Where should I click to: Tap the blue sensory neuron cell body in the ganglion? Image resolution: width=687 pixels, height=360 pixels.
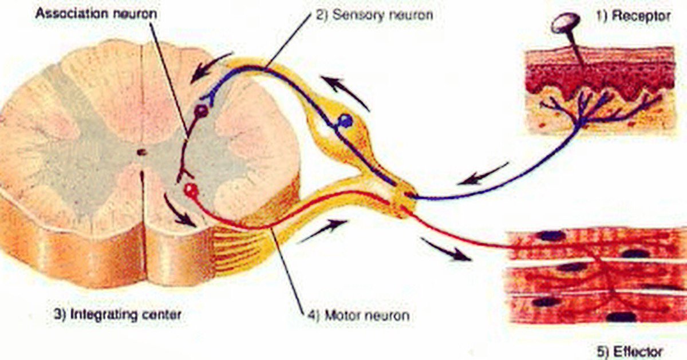tap(345, 120)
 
